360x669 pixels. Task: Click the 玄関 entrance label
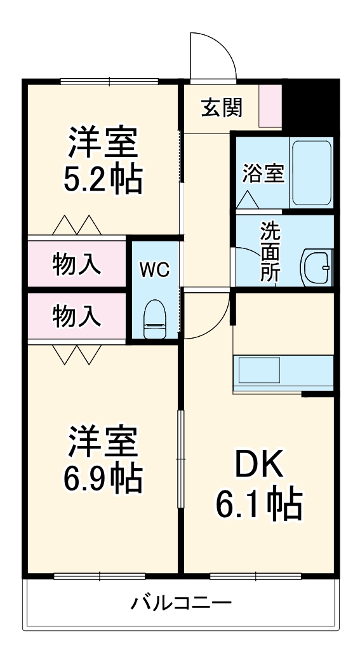coord(222,108)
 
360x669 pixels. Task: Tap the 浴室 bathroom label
coord(263,173)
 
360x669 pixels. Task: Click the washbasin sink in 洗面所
coord(316,268)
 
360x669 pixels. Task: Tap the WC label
coord(154,270)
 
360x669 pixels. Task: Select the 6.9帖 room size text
coord(103,479)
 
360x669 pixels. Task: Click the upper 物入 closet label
coord(76,264)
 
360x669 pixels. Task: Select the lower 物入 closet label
coord(76,316)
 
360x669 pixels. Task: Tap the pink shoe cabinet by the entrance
coord(270,105)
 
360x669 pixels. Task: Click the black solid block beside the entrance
coord(308,105)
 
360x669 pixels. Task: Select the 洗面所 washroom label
coord(270,251)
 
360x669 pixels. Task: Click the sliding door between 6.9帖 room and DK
coord(180,459)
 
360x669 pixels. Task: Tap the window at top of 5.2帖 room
coord(109,81)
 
